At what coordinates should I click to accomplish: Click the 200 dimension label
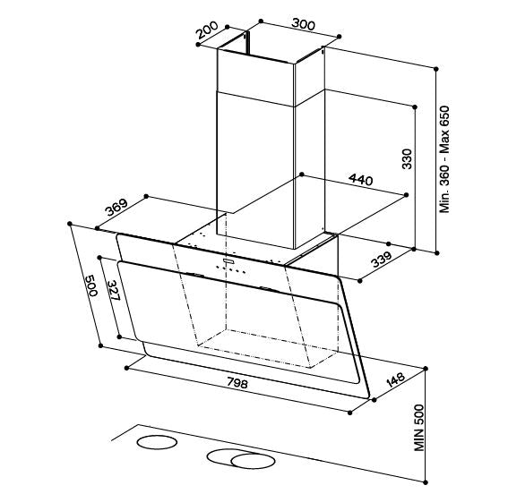(x=207, y=30)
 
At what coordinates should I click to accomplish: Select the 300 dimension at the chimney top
(x=303, y=24)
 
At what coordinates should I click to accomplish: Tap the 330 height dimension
(x=407, y=158)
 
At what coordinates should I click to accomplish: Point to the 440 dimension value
(x=360, y=180)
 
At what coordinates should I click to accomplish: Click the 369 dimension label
(x=116, y=207)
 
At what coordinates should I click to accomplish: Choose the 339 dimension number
(x=382, y=260)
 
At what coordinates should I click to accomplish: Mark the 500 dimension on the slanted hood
(x=91, y=285)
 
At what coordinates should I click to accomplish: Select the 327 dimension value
(x=114, y=290)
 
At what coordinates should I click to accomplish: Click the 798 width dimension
(x=237, y=383)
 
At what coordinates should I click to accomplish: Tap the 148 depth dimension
(x=396, y=380)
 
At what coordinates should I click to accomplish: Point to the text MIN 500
(x=419, y=428)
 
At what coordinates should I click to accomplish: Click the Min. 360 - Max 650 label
(x=444, y=159)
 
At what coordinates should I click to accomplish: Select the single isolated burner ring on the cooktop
(x=157, y=442)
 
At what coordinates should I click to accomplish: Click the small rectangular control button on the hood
(x=228, y=260)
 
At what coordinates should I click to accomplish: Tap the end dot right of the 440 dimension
(x=406, y=194)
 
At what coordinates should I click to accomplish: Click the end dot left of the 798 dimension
(x=127, y=368)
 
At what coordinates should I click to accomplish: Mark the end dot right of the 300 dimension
(x=340, y=37)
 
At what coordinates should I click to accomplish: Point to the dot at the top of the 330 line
(x=415, y=106)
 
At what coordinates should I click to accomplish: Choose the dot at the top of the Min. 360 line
(x=436, y=69)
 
